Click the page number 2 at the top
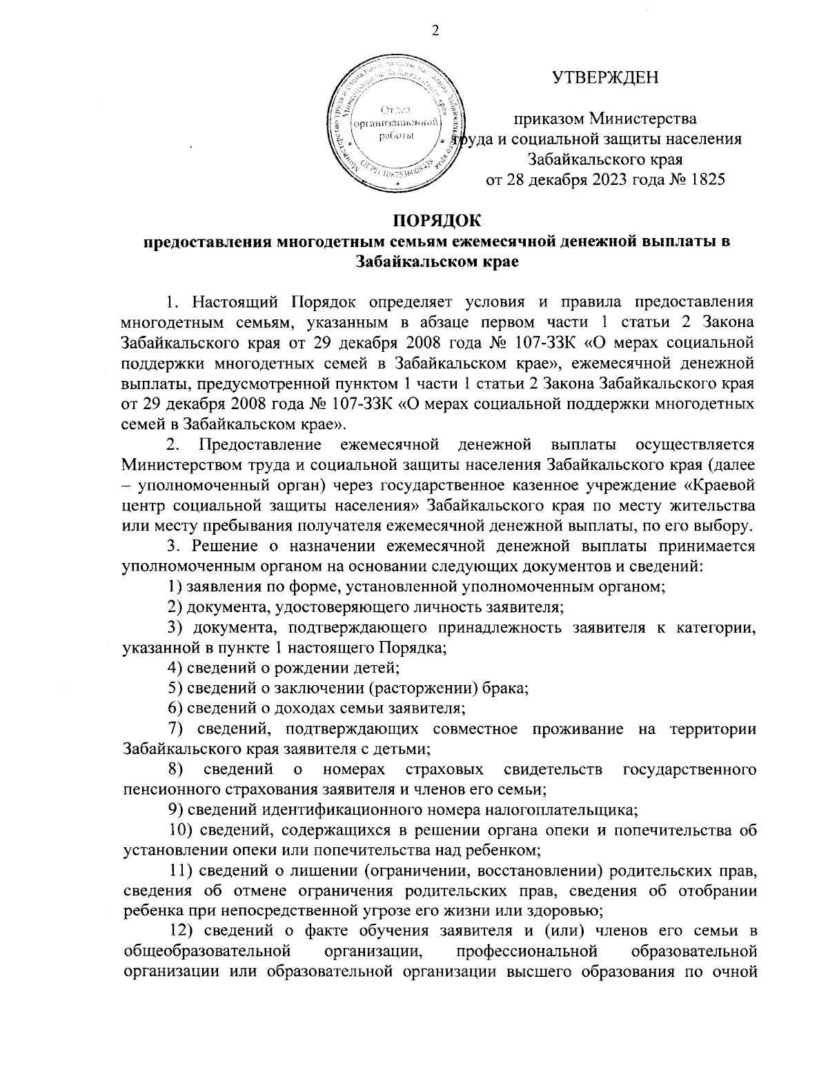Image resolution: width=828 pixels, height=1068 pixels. coord(435,30)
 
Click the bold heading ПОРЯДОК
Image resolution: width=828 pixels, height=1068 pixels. coord(435,221)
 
